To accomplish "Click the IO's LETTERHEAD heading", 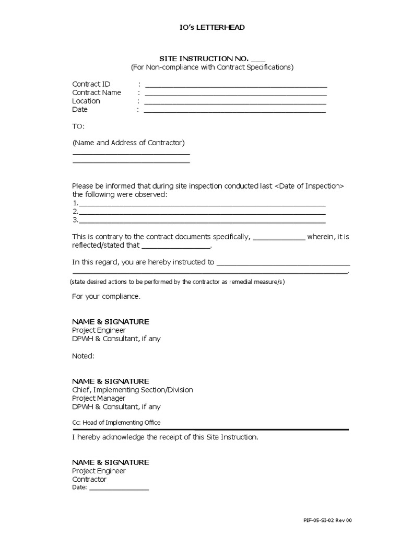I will (x=201, y=28).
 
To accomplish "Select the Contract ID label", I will (x=91, y=84).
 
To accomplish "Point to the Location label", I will (x=86, y=101).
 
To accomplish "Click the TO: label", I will (x=78, y=126).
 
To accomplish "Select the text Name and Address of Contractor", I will (x=128, y=143).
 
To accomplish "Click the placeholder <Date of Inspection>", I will (x=309, y=186).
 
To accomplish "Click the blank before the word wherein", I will (x=279, y=238).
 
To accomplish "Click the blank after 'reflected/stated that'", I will (x=176, y=247).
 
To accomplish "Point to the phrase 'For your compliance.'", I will (x=106, y=296).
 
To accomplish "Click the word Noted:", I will (x=84, y=356).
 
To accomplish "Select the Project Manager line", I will (x=99, y=398).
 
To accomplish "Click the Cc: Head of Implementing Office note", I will (x=116, y=422).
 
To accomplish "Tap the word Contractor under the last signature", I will (x=89, y=479).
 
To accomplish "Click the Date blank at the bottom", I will (x=119, y=489).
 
